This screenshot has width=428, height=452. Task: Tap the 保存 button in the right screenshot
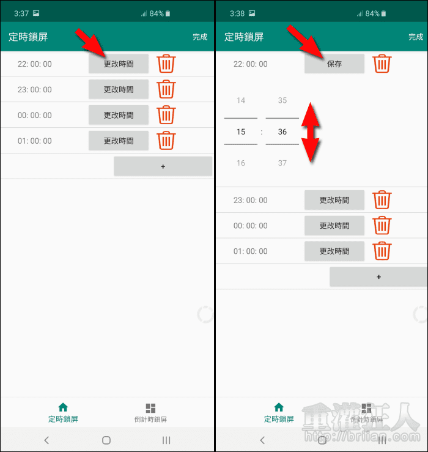(334, 64)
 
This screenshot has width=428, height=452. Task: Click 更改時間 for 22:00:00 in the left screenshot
(119, 64)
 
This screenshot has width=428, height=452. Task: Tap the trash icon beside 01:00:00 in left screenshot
(166, 141)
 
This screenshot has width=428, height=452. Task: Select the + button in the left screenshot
(163, 166)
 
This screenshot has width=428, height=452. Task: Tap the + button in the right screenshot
(378, 276)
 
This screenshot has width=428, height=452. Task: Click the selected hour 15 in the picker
(241, 132)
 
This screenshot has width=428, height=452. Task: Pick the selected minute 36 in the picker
(282, 132)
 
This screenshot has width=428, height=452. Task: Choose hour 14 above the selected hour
(241, 100)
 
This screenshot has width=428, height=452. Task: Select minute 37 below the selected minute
(282, 163)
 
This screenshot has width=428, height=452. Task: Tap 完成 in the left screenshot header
(200, 37)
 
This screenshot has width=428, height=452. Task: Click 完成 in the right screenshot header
(416, 37)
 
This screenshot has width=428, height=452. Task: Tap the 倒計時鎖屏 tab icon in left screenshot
(150, 408)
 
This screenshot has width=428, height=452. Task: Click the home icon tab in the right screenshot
(279, 407)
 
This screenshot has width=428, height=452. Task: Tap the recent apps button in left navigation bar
(166, 440)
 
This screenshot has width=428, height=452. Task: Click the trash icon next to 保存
(382, 64)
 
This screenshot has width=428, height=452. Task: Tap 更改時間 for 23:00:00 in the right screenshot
(334, 200)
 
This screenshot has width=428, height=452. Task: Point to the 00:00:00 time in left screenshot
(35, 116)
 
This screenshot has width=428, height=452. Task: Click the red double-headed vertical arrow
(311, 132)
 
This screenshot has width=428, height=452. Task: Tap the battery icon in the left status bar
(168, 13)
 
